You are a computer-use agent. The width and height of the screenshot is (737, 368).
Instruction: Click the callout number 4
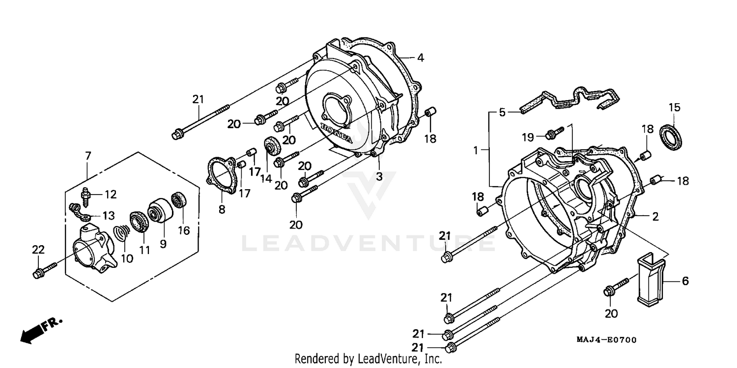(x=420, y=57)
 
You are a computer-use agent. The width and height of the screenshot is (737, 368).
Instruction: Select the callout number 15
(x=674, y=107)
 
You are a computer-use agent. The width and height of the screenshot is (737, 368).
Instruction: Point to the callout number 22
(x=38, y=250)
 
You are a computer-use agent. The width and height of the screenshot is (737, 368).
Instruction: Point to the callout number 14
(x=266, y=178)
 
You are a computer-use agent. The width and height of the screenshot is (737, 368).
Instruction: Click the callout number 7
(x=88, y=156)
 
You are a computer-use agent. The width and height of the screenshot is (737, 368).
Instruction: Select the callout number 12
(x=111, y=195)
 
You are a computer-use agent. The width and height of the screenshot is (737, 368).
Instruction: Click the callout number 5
(x=502, y=113)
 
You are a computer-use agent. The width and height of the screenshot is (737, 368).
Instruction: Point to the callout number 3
(x=379, y=176)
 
